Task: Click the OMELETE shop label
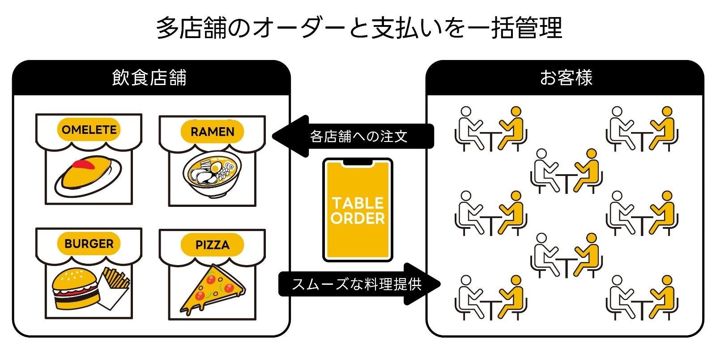click(x=89, y=130)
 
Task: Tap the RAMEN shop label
click(x=212, y=132)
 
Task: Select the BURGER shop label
click(x=89, y=244)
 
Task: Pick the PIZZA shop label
click(x=212, y=245)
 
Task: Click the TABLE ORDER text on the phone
click(x=358, y=211)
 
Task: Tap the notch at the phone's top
click(x=358, y=162)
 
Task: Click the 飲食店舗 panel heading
click(x=149, y=78)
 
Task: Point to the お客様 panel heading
click(x=566, y=78)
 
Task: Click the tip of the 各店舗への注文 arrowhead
click(x=273, y=136)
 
